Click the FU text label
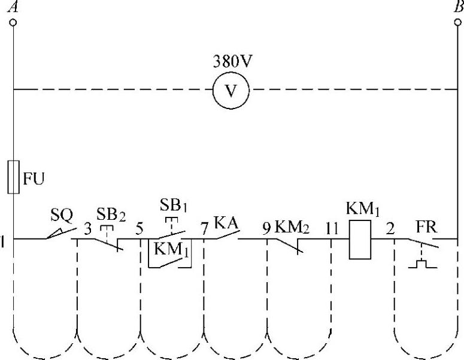(x=34, y=178)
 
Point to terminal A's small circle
(x=13, y=22)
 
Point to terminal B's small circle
(x=458, y=22)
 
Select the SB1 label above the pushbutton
(x=174, y=204)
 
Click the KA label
(x=227, y=223)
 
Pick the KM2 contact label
(x=294, y=228)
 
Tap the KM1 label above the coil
(x=362, y=210)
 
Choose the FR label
(x=427, y=228)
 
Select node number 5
(x=139, y=228)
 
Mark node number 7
(x=205, y=228)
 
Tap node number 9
(x=267, y=228)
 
